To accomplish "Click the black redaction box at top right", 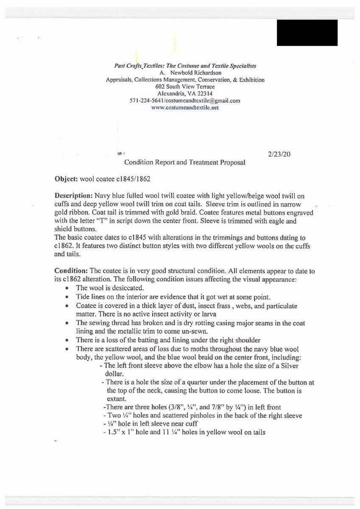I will [x=307, y=33].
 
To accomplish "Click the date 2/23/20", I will [x=279, y=154].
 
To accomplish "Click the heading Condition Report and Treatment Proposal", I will [x=184, y=162].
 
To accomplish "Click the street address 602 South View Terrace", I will [x=185, y=87].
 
